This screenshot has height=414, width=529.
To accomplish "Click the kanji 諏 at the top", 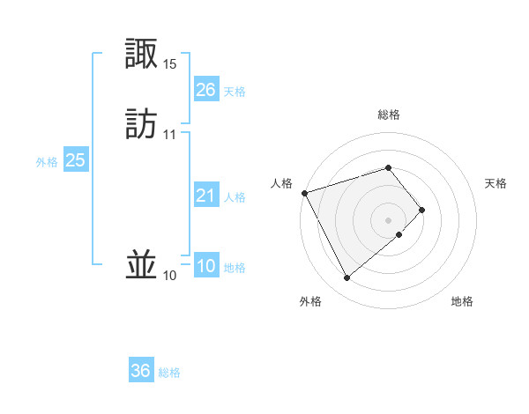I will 143,55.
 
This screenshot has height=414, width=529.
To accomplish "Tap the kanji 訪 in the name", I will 143,124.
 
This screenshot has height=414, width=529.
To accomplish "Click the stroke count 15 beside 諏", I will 170,64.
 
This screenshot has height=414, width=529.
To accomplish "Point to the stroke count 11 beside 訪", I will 170,134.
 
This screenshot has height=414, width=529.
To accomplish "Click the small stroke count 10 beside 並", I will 170,276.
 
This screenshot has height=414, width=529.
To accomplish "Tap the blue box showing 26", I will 205,90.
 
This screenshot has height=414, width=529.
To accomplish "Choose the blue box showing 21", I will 205,196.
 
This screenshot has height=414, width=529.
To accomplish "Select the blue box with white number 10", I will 205,267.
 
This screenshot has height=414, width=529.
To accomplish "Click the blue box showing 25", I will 76,160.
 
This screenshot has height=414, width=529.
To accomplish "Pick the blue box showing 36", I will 141,371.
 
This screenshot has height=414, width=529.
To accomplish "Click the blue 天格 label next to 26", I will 235,92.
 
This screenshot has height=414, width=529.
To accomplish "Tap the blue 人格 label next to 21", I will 235,197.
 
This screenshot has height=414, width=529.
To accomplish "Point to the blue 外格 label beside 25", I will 47,162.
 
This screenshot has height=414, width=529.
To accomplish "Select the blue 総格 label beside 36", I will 169,373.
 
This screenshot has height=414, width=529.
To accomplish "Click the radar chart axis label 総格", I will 389,115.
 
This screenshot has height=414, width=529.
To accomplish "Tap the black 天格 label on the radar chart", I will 496,183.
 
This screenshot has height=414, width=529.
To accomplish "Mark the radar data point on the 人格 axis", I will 304,192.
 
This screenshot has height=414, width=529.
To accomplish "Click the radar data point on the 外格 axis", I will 346,278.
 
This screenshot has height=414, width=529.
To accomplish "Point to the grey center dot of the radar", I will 389,218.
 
